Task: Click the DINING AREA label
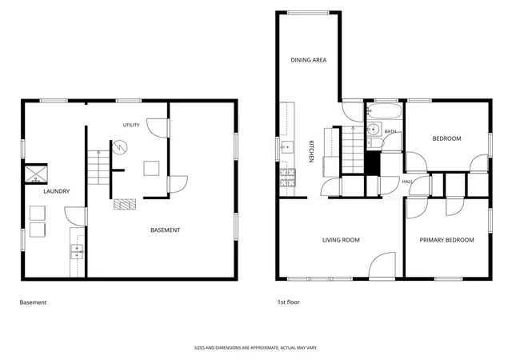pyautogui.click(x=309, y=60)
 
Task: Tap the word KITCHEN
pyautogui.click(x=311, y=151)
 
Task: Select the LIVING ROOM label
pyautogui.click(x=341, y=240)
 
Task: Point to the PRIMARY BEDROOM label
pyautogui.click(x=446, y=240)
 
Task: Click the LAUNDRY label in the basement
pyautogui.click(x=57, y=191)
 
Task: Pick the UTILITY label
pyautogui.click(x=131, y=125)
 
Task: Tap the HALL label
pyautogui.click(x=407, y=182)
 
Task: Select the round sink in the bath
pyautogui.click(x=374, y=130)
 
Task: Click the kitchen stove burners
pyautogui.click(x=288, y=178)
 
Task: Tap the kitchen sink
pyautogui.click(x=287, y=147)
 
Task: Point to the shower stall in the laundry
pyautogui.click(x=36, y=174)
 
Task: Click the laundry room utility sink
pyautogui.click(x=77, y=251)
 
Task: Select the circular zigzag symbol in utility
pyautogui.click(x=120, y=148)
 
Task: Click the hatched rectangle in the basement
pyautogui.click(x=125, y=204)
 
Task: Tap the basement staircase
pyautogui.click(x=98, y=167)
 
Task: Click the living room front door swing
pyautogui.click(x=382, y=265)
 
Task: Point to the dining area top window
pyautogui.click(x=309, y=13)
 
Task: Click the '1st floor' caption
pyautogui.click(x=288, y=302)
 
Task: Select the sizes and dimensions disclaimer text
pyautogui.click(x=256, y=348)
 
